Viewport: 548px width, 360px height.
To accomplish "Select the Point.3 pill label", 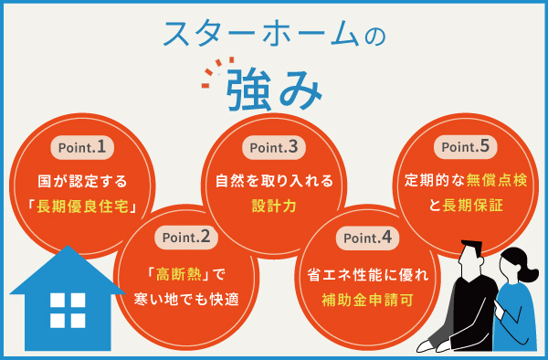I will tap(269, 146).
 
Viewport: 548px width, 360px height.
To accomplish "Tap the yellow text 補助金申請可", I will tap(365, 299).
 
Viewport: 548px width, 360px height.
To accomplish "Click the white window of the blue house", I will tap(68, 310).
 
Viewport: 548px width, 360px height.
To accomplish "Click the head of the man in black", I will tap(471, 257).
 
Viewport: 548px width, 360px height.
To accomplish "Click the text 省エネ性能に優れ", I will tap(365, 272).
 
